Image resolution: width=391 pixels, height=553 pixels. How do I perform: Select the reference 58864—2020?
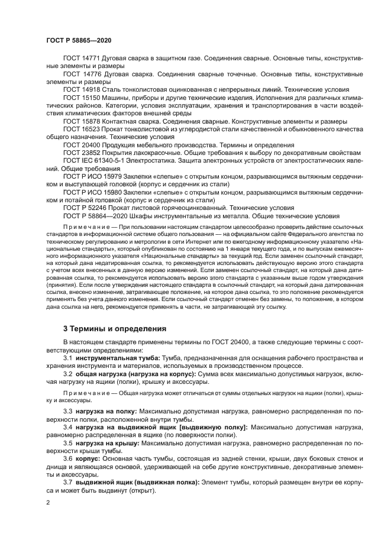click(106, 215)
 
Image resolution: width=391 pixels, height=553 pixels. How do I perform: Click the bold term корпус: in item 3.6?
click(88, 458)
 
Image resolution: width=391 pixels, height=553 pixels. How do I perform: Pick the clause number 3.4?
click(67, 426)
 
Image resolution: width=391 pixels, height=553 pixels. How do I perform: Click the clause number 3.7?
click(67, 483)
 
